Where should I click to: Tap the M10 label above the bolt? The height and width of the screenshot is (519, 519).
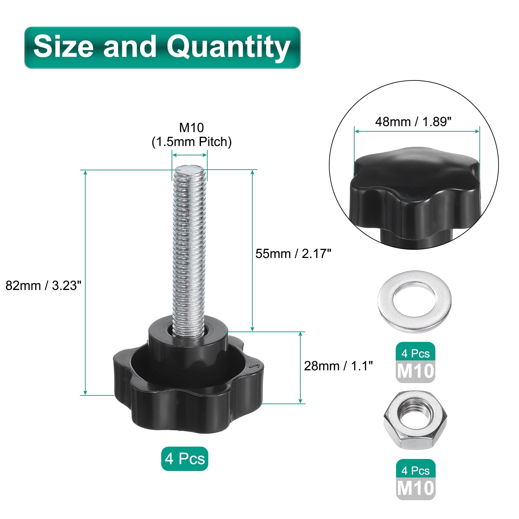(x=192, y=127)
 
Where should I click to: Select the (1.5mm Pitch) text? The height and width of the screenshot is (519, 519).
(x=192, y=142)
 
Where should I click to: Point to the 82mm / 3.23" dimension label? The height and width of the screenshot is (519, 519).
(x=43, y=285)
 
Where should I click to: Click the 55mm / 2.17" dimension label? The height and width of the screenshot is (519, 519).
(x=293, y=254)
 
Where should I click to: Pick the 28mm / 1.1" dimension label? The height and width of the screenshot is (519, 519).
(x=338, y=366)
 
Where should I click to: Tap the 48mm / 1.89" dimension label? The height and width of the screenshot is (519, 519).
(x=413, y=122)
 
